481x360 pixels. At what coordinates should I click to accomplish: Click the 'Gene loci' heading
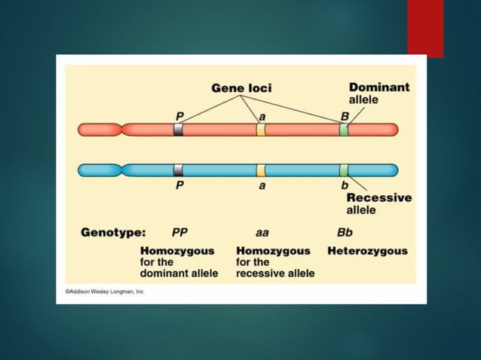pyautogui.click(x=241, y=88)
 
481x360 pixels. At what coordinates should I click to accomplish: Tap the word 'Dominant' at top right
pyautogui.click(x=379, y=87)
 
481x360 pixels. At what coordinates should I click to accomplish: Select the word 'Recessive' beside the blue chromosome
pyautogui.click(x=379, y=197)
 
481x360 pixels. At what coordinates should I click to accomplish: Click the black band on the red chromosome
pyautogui.click(x=178, y=130)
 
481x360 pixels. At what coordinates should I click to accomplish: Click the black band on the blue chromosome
pyautogui.click(x=178, y=169)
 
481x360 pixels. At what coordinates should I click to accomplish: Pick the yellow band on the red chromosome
pyautogui.click(x=261, y=130)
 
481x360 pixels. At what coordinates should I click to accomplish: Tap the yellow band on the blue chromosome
pyautogui.click(x=261, y=169)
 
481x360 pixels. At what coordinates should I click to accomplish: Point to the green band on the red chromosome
pyautogui.click(x=344, y=130)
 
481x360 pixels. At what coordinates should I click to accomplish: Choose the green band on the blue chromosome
pyautogui.click(x=344, y=169)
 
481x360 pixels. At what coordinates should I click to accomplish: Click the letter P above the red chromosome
pyautogui.click(x=179, y=116)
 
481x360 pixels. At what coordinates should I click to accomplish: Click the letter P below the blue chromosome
pyautogui.click(x=179, y=185)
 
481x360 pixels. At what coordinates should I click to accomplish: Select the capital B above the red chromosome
pyautogui.click(x=345, y=116)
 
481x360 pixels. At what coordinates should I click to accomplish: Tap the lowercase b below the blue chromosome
pyautogui.click(x=345, y=185)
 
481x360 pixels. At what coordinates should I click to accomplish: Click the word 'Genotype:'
pyautogui.click(x=113, y=232)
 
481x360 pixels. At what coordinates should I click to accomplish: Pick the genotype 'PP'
pyautogui.click(x=180, y=232)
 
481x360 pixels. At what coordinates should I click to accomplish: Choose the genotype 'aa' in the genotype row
pyautogui.click(x=262, y=232)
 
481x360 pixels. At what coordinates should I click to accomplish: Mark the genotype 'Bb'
pyautogui.click(x=345, y=232)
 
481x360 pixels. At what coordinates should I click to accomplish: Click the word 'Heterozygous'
pyautogui.click(x=367, y=251)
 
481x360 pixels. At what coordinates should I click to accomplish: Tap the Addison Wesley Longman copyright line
pyautogui.click(x=105, y=291)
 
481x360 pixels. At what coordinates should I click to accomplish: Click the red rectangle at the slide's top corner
pyautogui.click(x=425, y=27)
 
